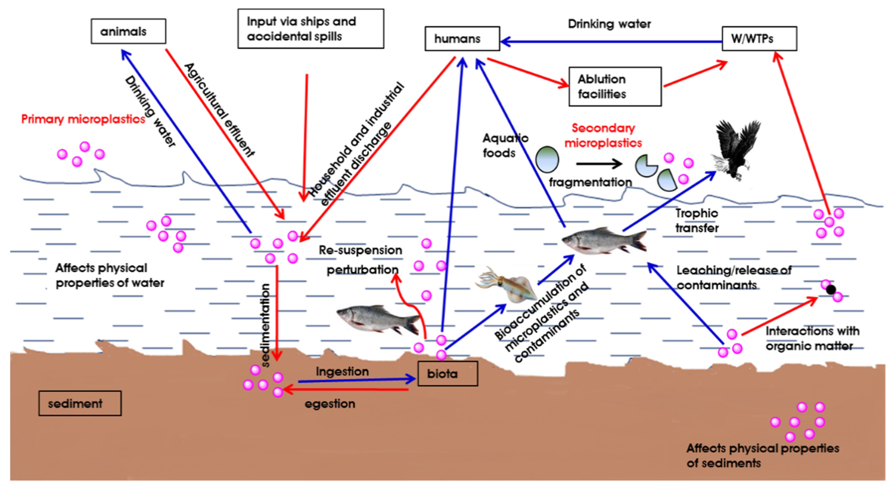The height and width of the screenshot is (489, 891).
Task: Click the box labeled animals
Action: pos(128,31)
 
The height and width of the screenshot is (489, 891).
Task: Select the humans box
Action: pos(462,38)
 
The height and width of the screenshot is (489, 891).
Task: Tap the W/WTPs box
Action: pos(759,38)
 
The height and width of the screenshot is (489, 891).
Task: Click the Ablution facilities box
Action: pos(615,87)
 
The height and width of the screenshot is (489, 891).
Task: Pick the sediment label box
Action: pos(80,403)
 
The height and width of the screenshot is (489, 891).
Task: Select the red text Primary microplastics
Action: pos(83,119)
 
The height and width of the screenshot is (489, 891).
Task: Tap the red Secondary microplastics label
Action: pos(603,136)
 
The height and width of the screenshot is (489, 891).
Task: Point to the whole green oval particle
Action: pos(547,160)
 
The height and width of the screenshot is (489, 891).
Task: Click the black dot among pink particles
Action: pos(831,289)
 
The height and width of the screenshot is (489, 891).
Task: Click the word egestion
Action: pos(330,404)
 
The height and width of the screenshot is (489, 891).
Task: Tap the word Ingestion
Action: pos(342,372)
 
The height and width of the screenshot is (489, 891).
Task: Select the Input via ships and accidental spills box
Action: pos(311,29)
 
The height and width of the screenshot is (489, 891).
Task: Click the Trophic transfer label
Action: pos(696,221)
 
